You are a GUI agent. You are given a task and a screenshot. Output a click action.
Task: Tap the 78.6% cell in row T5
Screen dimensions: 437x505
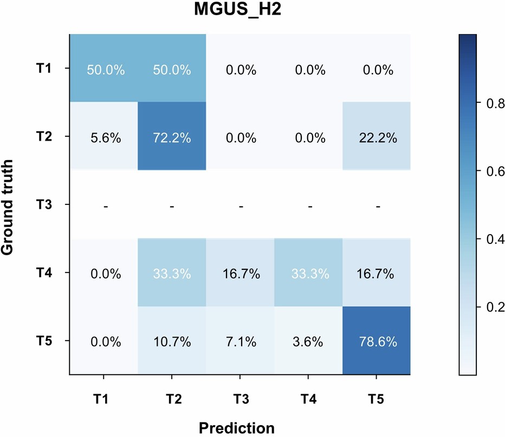(x=376, y=341)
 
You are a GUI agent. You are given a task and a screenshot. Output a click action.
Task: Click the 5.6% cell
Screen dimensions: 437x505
(x=105, y=137)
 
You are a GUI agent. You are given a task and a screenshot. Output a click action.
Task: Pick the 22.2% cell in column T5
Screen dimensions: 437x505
(x=376, y=137)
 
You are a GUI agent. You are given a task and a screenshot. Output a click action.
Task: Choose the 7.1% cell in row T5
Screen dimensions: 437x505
(x=241, y=341)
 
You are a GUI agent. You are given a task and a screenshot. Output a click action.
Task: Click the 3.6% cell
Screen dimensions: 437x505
(x=308, y=341)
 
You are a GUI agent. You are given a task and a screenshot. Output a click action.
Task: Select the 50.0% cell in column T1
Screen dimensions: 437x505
(x=105, y=69)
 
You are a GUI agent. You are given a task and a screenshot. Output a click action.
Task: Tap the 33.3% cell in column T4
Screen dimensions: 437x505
(x=308, y=273)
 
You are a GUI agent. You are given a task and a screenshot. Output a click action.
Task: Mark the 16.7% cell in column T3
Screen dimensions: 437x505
(x=241, y=273)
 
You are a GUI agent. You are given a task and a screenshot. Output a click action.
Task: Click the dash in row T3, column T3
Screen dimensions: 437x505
(x=241, y=206)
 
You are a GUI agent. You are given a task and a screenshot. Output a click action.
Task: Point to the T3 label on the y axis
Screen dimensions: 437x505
(x=49, y=206)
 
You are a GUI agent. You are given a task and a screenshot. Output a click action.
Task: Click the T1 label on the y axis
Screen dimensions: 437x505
(x=49, y=69)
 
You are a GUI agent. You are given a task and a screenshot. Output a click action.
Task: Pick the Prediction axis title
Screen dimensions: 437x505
(x=237, y=427)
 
